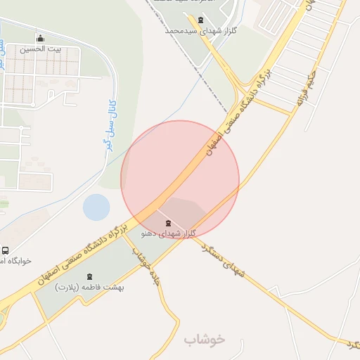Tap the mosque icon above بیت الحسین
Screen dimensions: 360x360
tap(40, 39)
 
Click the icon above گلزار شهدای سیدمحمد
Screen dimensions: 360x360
tap(202, 20)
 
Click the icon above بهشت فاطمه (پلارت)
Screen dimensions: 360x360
tap(89, 277)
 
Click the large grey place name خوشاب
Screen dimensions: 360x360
tap(205, 339)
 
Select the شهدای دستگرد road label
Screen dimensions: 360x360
tap(224, 259)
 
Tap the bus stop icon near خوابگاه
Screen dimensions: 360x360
tap(6, 250)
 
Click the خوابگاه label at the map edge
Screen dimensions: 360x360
tap(16, 261)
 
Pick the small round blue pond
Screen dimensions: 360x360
tap(96, 207)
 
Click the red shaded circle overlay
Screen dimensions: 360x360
tap(180, 180)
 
